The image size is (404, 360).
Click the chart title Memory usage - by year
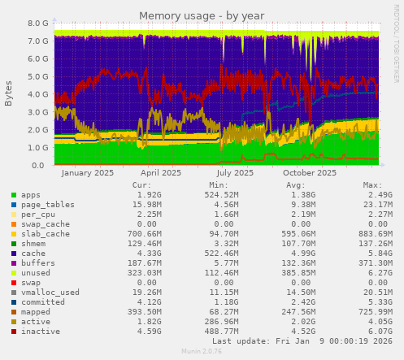202,15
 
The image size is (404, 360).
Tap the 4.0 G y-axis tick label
37,94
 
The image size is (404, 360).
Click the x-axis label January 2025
87,173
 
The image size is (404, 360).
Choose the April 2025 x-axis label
161,173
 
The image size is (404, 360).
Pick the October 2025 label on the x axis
310,173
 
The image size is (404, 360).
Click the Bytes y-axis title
9,93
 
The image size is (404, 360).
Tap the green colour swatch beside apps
13,196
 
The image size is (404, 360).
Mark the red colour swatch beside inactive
13,332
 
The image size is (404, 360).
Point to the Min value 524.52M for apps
224,195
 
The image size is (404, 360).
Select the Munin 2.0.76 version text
202,353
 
